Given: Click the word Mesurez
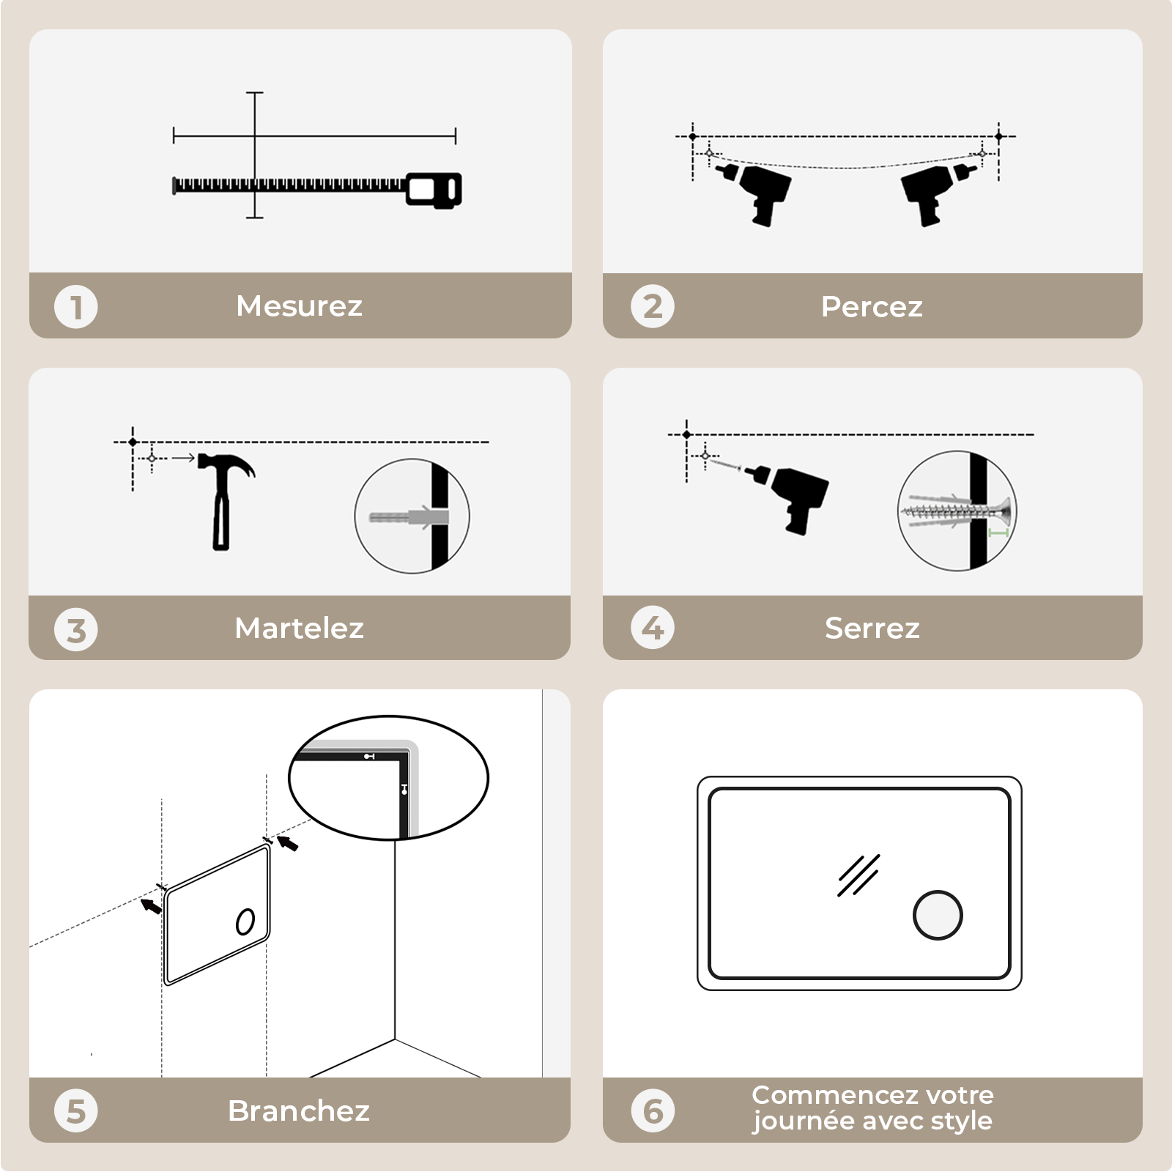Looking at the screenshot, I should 299,306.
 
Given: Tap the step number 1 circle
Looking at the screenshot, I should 75,307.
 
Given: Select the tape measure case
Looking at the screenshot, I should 434,190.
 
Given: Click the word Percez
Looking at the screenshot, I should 872,307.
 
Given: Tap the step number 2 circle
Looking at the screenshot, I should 652,307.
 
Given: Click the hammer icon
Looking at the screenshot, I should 223,498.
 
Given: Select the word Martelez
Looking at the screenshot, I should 299,628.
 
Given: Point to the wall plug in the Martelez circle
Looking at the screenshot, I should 407,517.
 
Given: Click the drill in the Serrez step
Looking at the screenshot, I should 795,494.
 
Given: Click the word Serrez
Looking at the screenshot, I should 872,628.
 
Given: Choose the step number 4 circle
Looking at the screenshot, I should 652,628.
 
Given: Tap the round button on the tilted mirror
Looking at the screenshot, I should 245,921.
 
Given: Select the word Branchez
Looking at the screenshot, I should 299,1111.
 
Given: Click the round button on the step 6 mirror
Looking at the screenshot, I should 938,915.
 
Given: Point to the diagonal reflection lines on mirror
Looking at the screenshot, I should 858,875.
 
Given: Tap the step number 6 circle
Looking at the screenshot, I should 652,1111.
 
